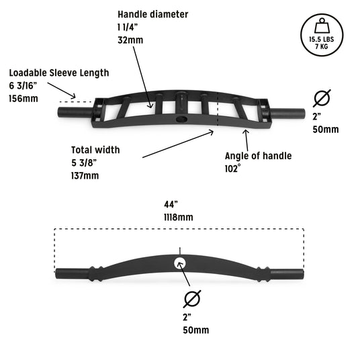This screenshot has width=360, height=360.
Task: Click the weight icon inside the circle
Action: tap(322, 26)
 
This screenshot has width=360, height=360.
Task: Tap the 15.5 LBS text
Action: tap(322, 39)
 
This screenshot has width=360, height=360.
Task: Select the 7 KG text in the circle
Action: tap(322, 46)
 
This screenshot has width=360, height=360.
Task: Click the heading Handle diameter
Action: tap(153, 14)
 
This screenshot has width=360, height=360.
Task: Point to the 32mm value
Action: tap(130, 40)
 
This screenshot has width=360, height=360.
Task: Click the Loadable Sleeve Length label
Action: tap(59, 73)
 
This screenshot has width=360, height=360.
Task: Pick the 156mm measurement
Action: tap(24, 99)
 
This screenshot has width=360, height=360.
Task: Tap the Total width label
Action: tap(95, 150)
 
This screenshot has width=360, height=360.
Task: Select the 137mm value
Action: tap(85, 176)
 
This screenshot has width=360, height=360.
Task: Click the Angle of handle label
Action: tap(259, 156)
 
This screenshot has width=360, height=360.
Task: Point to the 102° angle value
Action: tap(233, 169)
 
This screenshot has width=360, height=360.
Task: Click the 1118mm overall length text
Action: tap(179, 217)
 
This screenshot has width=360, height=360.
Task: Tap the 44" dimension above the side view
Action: tap(171, 204)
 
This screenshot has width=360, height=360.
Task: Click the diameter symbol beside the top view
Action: tap(322, 98)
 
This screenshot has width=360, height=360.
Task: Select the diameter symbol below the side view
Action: tap(192, 299)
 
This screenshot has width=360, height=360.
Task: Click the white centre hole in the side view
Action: tap(179, 263)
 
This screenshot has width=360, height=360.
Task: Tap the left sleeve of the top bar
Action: tap(76, 113)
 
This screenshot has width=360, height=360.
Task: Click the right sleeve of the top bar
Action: tap(287, 114)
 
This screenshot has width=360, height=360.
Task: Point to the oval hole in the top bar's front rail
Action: tap(182, 119)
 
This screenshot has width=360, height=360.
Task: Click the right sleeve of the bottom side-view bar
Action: tap(287, 274)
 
